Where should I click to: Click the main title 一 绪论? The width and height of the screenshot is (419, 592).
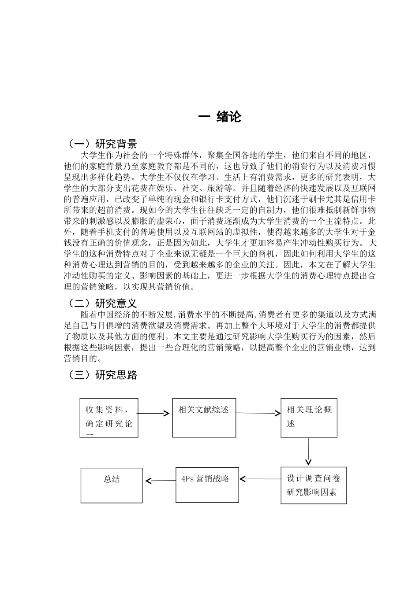pyautogui.click(x=219, y=117)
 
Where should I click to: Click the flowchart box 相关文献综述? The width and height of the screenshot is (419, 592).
pyautogui.click(x=203, y=418)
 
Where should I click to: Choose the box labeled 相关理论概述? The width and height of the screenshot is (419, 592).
pyautogui.click(x=309, y=418)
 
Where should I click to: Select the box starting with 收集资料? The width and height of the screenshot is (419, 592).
pyautogui.click(x=109, y=418)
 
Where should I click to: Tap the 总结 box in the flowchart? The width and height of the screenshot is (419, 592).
pyautogui.click(x=112, y=485)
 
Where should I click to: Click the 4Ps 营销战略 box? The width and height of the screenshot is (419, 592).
pyautogui.click(x=207, y=485)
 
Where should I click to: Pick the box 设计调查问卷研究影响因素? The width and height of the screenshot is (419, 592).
pyautogui.click(x=314, y=485)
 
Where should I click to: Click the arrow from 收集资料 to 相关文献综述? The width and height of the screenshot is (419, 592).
pyautogui.click(x=153, y=413)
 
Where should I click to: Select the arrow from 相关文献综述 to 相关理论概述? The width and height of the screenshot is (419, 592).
pyautogui.click(x=258, y=413)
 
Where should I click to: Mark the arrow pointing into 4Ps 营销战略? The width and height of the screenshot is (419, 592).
pyautogui.click(x=260, y=479)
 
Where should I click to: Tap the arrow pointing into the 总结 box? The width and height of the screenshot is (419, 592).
pyautogui.click(x=160, y=481)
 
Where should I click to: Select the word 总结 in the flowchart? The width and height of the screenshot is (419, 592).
pyautogui.click(x=112, y=479)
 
